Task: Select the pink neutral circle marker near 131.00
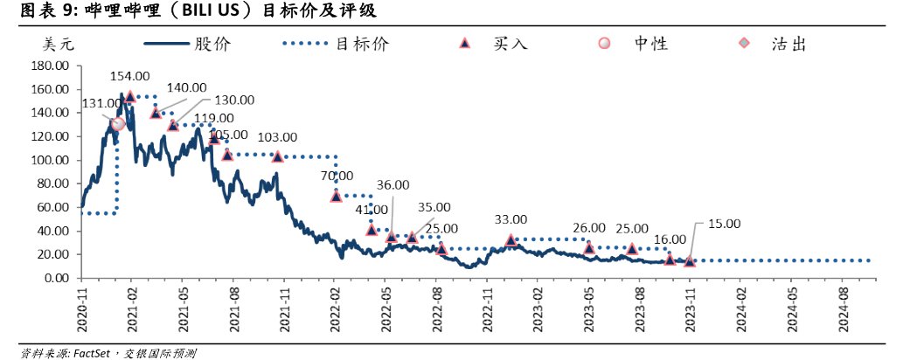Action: pyautogui.click(x=118, y=124)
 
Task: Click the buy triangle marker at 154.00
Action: pyautogui.click(x=130, y=97)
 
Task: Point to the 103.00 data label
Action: pyautogui.click(x=278, y=137)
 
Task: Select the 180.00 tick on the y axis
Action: pyautogui.click(x=49, y=66)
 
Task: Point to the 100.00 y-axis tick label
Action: pyautogui.click(x=49, y=160)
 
